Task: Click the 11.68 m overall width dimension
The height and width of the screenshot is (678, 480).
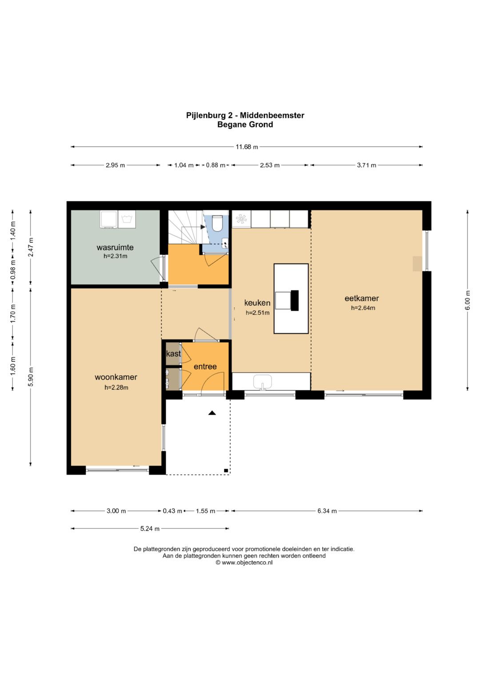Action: [x=247, y=147]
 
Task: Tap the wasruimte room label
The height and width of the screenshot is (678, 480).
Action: [x=115, y=247]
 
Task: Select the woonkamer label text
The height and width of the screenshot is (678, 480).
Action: [x=116, y=377]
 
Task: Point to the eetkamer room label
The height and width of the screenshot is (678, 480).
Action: [x=361, y=298]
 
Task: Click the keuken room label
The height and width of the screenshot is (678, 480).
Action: [x=257, y=303]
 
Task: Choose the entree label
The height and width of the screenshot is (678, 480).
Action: [x=205, y=367]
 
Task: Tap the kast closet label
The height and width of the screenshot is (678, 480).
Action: [x=174, y=353]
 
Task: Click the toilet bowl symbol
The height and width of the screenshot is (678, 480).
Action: [x=217, y=223]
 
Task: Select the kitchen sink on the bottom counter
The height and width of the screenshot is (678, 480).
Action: [x=263, y=382]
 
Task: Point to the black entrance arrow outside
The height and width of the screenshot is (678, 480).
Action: [x=212, y=412]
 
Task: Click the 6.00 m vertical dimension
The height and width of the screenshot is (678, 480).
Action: [x=468, y=300]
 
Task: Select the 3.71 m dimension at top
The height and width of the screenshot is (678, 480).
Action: [x=366, y=165]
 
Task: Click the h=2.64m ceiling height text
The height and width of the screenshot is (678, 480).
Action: [x=363, y=308]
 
